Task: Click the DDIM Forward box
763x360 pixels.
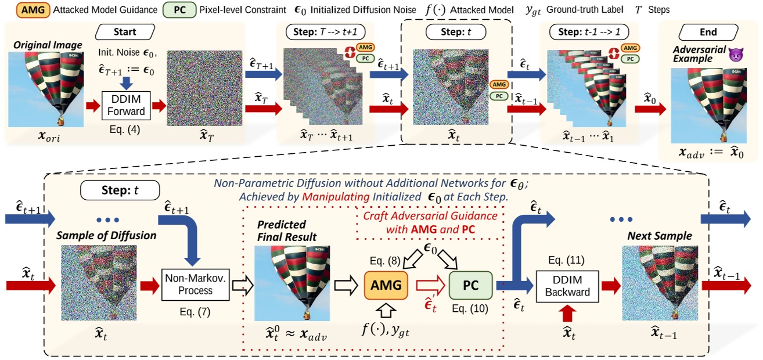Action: pos(126,106)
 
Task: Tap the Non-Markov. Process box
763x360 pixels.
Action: pos(195,285)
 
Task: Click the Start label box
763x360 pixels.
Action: pos(124,32)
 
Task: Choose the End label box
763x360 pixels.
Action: pos(708,32)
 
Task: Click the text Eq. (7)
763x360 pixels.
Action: pos(195,312)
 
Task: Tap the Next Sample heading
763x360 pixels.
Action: pos(652,236)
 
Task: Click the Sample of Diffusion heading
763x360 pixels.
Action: pos(99,236)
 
